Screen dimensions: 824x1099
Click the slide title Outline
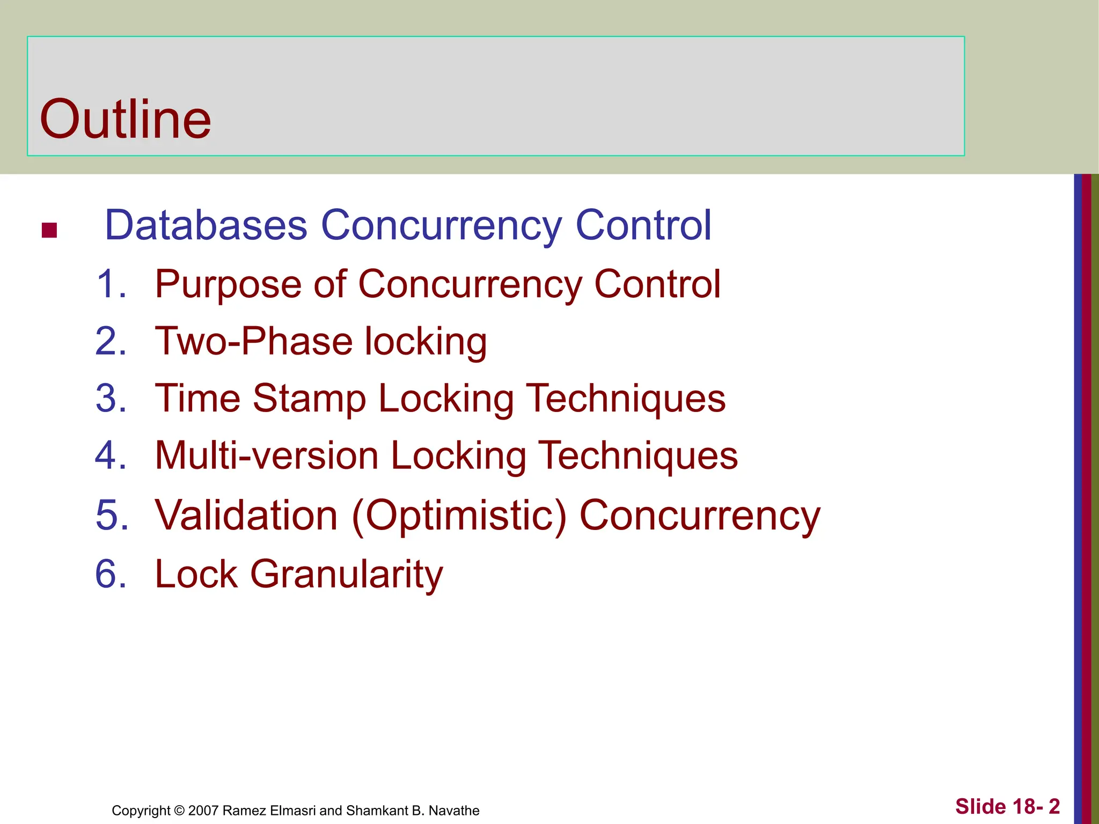point(126,119)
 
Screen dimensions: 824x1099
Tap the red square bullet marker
point(49,230)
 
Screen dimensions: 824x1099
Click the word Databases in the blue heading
point(206,225)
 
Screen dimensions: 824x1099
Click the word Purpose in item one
point(228,285)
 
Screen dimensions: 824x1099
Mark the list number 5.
point(111,515)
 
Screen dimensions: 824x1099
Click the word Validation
point(246,515)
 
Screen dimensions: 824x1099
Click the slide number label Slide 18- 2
point(1007,807)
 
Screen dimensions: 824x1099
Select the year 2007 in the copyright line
point(203,811)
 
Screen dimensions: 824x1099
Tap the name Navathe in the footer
point(453,811)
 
